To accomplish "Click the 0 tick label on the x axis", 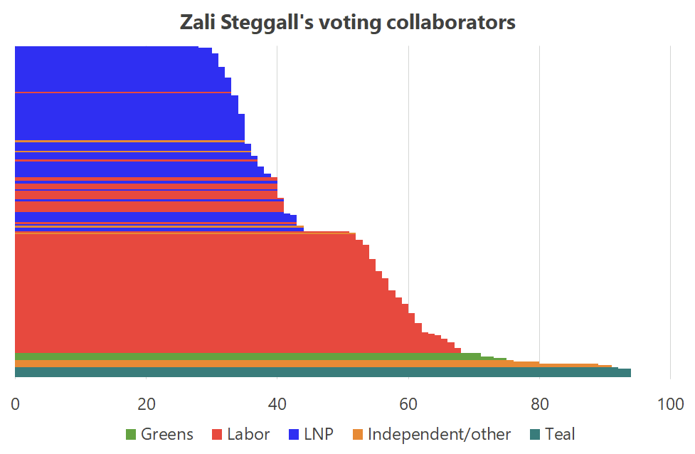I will coord(15,403).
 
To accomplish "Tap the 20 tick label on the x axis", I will coord(146,403).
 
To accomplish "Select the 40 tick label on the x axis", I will coord(277,403).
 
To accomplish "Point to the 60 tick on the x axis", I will coord(408,403).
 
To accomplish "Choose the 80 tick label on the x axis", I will coord(539,403).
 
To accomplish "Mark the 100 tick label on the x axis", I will coord(670,403).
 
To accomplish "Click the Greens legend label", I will coord(166,434).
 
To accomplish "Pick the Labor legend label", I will coord(248,434).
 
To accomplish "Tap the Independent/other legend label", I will coord(439,434).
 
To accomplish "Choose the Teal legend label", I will coord(560,434).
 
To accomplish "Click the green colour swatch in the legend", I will coord(131,434).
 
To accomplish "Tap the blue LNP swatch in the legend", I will coord(294,434).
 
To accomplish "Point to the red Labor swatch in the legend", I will coord(218,434).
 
